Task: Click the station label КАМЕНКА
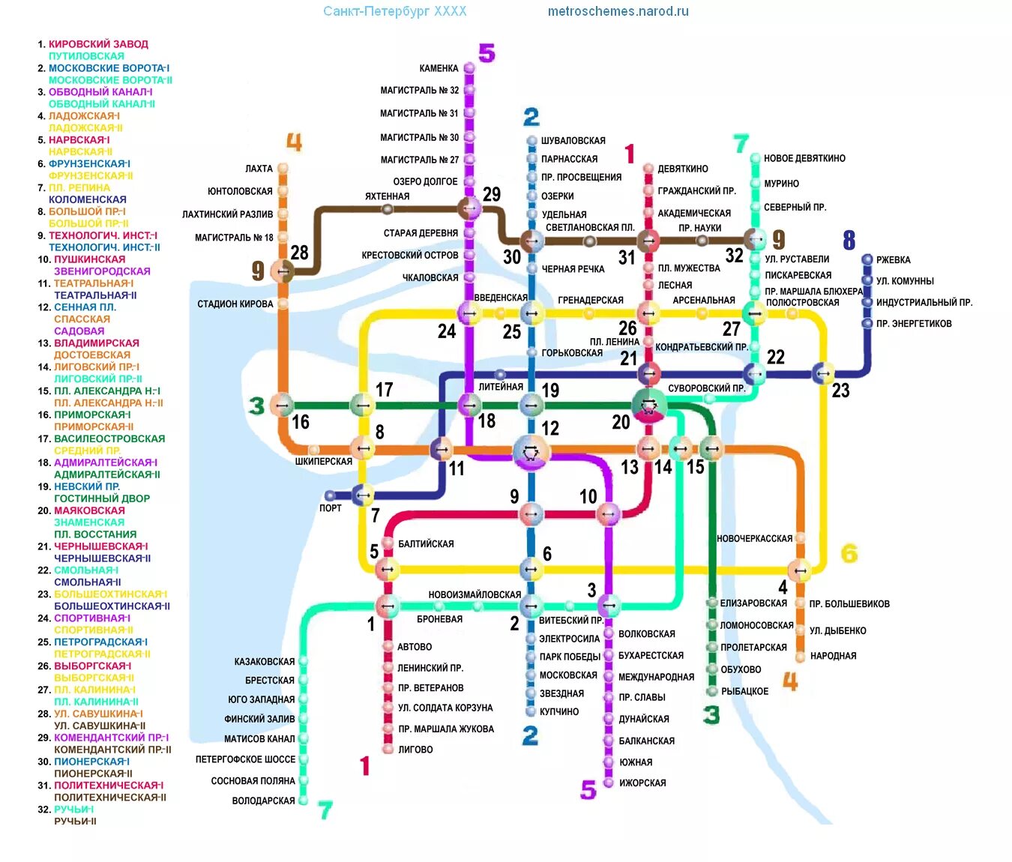(x=439, y=68)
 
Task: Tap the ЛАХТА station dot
(x=283, y=169)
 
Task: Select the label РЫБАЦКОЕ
(x=744, y=691)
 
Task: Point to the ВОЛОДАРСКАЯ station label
(x=263, y=801)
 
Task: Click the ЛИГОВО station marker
(x=388, y=749)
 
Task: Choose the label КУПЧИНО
(x=558, y=711)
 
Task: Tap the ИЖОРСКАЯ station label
(x=642, y=783)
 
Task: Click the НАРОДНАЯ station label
(x=833, y=656)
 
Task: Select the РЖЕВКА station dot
(x=867, y=259)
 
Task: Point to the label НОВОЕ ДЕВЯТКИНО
(x=804, y=158)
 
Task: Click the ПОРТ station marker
(x=330, y=495)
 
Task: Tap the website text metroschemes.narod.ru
(x=618, y=11)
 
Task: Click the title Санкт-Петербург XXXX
(x=394, y=11)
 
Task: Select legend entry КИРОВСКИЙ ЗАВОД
(x=98, y=44)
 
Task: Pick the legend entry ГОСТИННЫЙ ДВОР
(x=102, y=498)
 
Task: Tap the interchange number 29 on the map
(x=492, y=194)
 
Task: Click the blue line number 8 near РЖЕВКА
(x=849, y=240)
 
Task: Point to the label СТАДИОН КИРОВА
(x=235, y=304)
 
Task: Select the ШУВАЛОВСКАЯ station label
(x=573, y=140)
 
